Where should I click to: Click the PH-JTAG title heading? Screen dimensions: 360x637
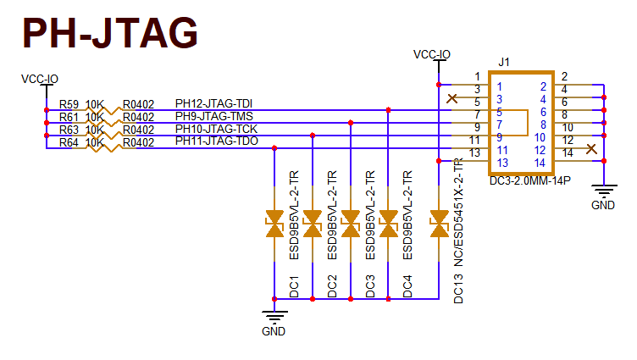[x=110, y=33]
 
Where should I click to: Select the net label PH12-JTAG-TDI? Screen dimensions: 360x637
[x=214, y=103]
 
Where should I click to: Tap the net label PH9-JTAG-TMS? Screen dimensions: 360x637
[x=213, y=116]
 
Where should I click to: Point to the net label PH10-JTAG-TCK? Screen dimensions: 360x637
[x=215, y=129]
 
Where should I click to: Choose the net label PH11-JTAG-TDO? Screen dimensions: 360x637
[x=216, y=141]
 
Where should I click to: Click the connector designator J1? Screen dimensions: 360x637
[x=505, y=62]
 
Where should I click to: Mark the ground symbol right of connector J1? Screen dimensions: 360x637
[x=603, y=196]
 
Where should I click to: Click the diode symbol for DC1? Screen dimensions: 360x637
[x=274, y=224]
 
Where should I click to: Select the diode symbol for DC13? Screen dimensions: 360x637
[x=439, y=224]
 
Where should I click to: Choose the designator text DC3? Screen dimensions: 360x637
[x=370, y=286]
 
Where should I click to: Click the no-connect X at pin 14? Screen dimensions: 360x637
[x=590, y=149]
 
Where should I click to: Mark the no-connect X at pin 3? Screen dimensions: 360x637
[x=452, y=98]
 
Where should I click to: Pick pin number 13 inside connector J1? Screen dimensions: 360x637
[x=502, y=162]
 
